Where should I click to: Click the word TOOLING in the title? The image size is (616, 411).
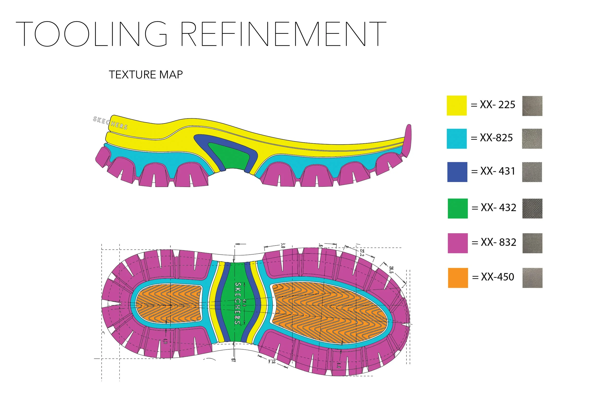click(x=92, y=34)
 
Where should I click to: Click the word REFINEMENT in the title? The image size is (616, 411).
click(x=283, y=34)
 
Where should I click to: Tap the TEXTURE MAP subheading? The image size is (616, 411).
click(x=146, y=75)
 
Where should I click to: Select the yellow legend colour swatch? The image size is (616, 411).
click(x=456, y=106)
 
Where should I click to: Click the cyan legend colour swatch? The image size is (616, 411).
click(x=456, y=139)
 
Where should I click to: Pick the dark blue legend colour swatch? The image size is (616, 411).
click(x=457, y=172)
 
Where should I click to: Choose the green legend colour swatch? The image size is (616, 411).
click(x=457, y=208)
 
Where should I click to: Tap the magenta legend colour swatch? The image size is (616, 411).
click(x=457, y=243)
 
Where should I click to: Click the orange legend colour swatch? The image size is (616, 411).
click(x=458, y=278)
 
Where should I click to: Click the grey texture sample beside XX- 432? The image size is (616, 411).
click(x=532, y=208)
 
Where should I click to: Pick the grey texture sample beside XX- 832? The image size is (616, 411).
click(x=532, y=243)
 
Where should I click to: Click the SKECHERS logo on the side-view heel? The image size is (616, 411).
click(x=110, y=123)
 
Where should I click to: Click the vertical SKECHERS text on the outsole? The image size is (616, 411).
click(x=238, y=303)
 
